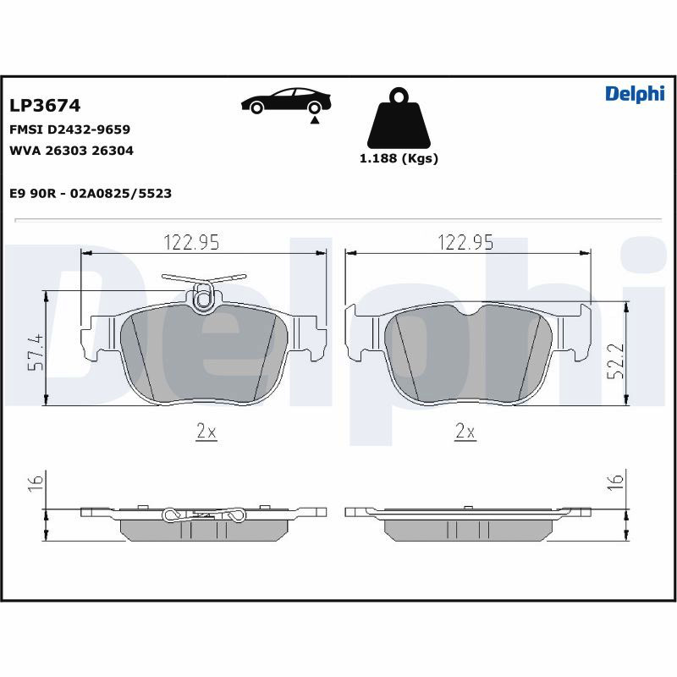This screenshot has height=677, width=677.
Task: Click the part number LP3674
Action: pyautogui.click(x=45, y=105)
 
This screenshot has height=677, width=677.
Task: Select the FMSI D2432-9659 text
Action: pyautogui.click(x=69, y=129)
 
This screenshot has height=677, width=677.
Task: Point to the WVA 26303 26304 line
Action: pyautogui.click(x=71, y=151)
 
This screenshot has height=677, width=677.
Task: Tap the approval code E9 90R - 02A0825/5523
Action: pyautogui.click(x=91, y=193)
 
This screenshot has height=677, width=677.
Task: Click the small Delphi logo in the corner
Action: pyautogui.click(x=635, y=94)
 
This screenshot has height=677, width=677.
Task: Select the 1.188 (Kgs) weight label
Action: pyautogui.click(x=399, y=158)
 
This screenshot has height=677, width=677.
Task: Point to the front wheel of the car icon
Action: pyautogui.click(x=257, y=108)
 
